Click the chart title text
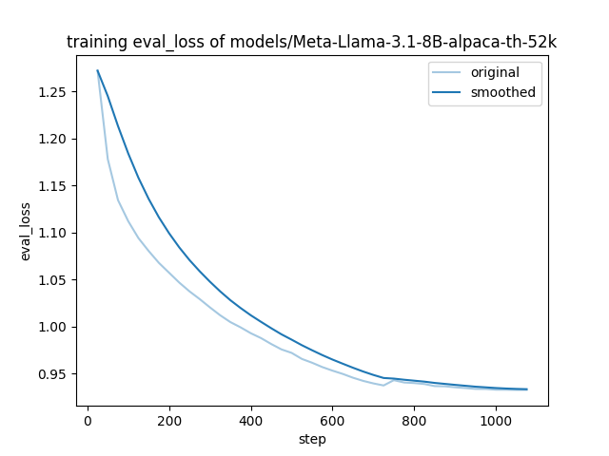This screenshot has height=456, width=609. [311, 42]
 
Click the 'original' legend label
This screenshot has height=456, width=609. [494, 73]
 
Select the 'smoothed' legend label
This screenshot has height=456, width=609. [503, 93]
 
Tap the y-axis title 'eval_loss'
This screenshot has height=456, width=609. [26, 231]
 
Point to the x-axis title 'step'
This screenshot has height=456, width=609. [312, 440]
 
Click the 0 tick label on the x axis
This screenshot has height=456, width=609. [88, 420]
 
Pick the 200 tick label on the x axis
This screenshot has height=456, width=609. [169, 420]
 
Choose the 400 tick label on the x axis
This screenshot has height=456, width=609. [251, 420]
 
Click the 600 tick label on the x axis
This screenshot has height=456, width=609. [333, 420]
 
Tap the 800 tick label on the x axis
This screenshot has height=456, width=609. [415, 420]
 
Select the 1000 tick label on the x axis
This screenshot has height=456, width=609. [496, 420]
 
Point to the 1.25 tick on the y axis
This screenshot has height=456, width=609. [52, 92]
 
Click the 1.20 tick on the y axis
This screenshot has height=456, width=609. [52, 139]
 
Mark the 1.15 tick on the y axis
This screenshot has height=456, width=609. [52, 186]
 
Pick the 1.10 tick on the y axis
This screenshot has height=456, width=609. [52, 233]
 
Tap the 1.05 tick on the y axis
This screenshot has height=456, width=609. [52, 280]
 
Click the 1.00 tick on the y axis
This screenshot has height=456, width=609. [52, 327]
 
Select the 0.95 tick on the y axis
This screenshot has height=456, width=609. [52, 374]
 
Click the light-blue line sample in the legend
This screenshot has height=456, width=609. [448, 73]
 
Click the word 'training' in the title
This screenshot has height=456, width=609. [94, 42]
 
